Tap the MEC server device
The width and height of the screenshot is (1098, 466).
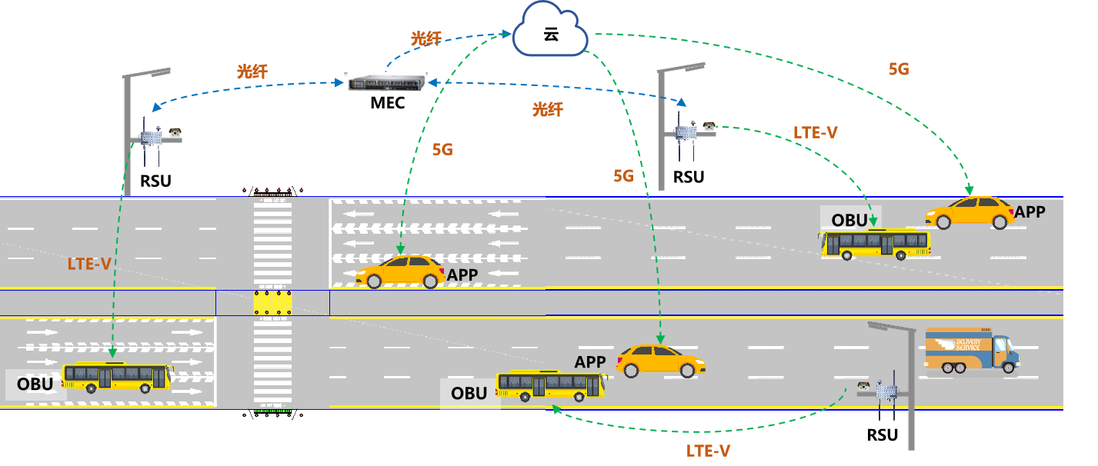(386, 83)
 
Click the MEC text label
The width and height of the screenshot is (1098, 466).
(387, 103)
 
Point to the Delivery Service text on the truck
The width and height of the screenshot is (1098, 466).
(968, 345)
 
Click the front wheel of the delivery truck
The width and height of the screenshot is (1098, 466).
(1008, 367)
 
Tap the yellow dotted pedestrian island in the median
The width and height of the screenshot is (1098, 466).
(273, 302)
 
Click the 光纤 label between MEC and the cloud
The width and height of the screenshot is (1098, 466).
(426, 38)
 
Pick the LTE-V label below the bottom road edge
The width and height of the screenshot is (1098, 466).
(708, 451)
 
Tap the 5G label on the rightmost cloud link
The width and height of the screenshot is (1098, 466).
(899, 69)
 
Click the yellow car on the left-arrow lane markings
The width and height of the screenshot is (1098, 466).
(400, 271)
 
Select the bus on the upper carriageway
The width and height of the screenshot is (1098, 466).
(874, 244)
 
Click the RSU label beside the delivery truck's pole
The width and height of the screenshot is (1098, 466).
(882, 434)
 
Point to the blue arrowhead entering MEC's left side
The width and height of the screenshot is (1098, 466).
(339, 82)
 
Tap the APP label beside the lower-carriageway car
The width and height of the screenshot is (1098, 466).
(590, 361)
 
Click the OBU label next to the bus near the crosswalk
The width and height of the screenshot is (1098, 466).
(35, 384)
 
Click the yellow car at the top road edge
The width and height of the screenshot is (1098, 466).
(970, 213)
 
